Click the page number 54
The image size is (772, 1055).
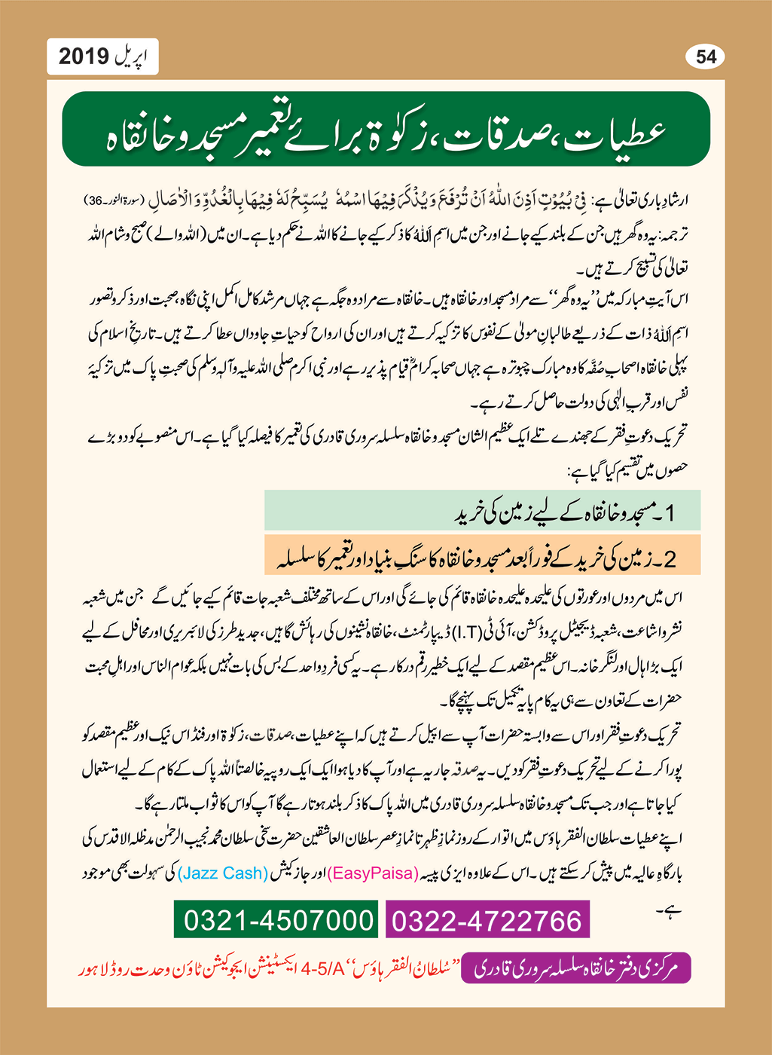tap(706, 57)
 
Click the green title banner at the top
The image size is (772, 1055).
tap(386, 129)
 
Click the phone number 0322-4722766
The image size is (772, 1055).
tap(487, 921)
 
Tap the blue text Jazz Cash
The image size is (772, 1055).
tap(223, 873)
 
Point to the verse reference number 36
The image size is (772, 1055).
tap(96, 200)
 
